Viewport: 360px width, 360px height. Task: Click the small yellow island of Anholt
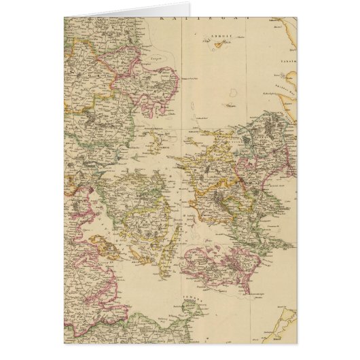(219, 46)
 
